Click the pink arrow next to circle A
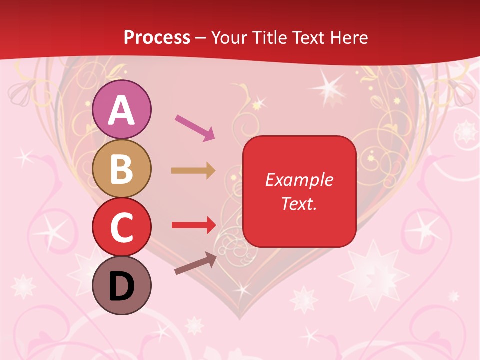pyautogui.click(x=195, y=127)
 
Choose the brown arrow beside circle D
pyautogui.click(x=195, y=264)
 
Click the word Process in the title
pyautogui.click(x=157, y=37)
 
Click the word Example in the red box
pyautogui.click(x=299, y=180)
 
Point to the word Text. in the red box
pyautogui.click(x=299, y=203)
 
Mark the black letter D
pyautogui.click(x=122, y=286)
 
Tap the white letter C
pyautogui.click(x=122, y=228)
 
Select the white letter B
pyautogui.click(x=122, y=169)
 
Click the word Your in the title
pyautogui.click(x=229, y=37)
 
